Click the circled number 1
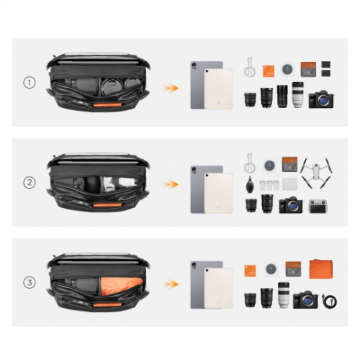30,83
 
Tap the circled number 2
30,182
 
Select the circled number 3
30,282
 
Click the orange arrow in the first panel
171,88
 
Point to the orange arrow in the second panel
171,184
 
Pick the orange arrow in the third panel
171,284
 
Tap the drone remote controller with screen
318,206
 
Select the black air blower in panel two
250,186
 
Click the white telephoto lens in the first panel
297,95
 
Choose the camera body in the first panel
320,99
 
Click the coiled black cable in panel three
329,301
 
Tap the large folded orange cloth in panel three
320,269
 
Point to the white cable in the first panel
250,67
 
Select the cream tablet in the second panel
218,193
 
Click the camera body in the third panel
305,300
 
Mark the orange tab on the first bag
107,105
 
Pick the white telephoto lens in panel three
284,295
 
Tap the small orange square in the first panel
269,71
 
